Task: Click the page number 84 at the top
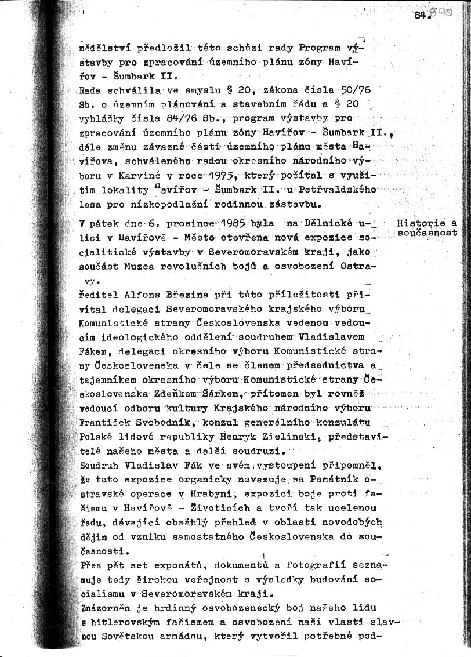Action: (421, 16)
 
